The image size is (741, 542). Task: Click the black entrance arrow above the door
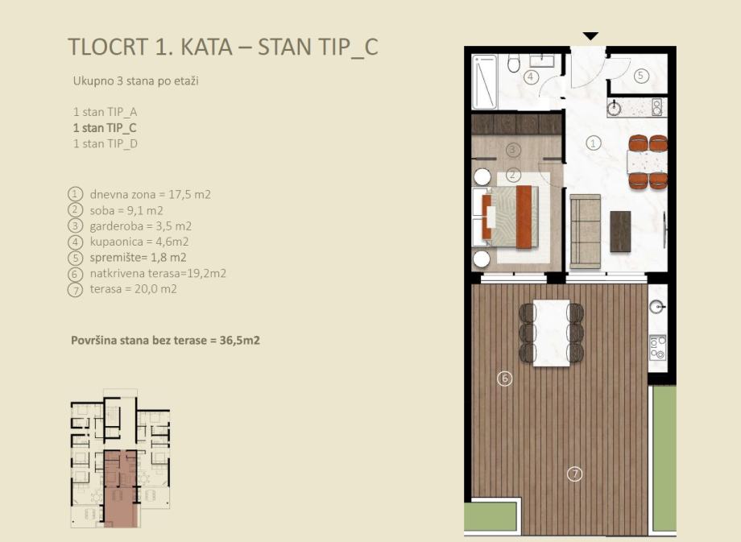pyautogui.click(x=590, y=36)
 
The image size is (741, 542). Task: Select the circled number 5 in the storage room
pyautogui.click(x=641, y=76)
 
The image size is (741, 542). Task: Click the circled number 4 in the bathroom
pyautogui.click(x=531, y=77)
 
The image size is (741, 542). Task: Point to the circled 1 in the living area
pyautogui.click(x=593, y=143)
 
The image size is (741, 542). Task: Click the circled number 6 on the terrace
pyautogui.click(x=505, y=379)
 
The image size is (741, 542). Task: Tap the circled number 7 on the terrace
pyautogui.click(x=574, y=474)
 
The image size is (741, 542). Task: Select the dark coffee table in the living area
pyautogui.click(x=620, y=231)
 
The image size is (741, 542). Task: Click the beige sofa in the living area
pyautogui.click(x=585, y=231)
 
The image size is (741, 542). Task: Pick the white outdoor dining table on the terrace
pyautogui.click(x=552, y=333)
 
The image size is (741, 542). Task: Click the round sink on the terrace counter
pyautogui.click(x=657, y=306)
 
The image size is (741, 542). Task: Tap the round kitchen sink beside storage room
pyautogui.click(x=615, y=108)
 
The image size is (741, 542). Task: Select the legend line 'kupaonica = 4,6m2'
pyautogui.click(x=139, y=242)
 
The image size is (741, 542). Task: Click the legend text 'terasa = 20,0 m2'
pyautogui.click(x=133, y=289)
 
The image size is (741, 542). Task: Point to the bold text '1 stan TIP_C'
pyautogui.click(x=105, y=128)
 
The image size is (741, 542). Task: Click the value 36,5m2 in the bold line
pyautogui.click(x=239, y=340)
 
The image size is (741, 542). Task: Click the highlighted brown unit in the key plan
pyautogui.click(x=122, y=489)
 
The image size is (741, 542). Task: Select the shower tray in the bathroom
pyautogui.click(x=485, y=82)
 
